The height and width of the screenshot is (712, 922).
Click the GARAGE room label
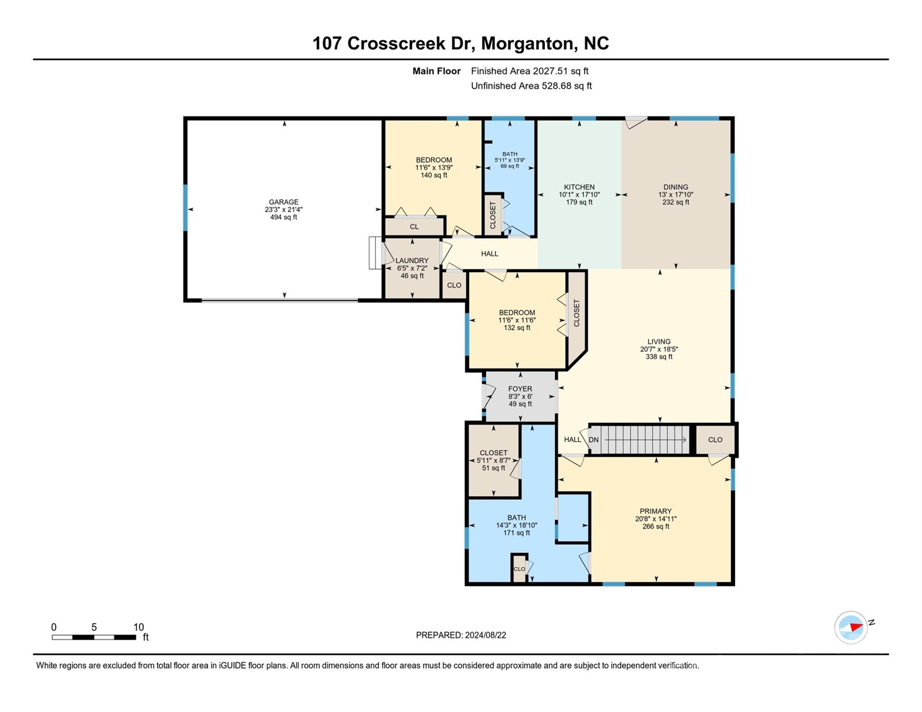coord(283,202)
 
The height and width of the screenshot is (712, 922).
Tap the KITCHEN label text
coord(579,187)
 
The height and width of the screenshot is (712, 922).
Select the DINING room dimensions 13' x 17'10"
coord(675,195)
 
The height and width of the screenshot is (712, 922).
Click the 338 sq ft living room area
coord(659,357)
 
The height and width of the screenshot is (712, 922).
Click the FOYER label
coord(520,389)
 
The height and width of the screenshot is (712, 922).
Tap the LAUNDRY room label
coord(412,261)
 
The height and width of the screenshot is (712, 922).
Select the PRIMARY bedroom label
coord(655,511)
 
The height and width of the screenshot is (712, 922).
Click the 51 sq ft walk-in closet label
coord(493,468)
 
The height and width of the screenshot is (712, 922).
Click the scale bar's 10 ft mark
coord(138,628)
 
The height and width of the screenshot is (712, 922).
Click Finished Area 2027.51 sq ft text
coord(529,71)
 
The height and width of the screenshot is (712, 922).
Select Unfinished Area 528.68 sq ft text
coord(531,86)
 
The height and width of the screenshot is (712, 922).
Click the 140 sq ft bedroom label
coord(434,175)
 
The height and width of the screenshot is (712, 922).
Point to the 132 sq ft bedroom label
coord(517,328)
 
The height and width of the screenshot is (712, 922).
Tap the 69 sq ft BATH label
coord(510,166)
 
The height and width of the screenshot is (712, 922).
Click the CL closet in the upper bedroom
coord(414,227)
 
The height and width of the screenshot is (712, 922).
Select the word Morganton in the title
coord(528,43)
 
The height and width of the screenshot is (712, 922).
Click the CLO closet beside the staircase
coord(715,439)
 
